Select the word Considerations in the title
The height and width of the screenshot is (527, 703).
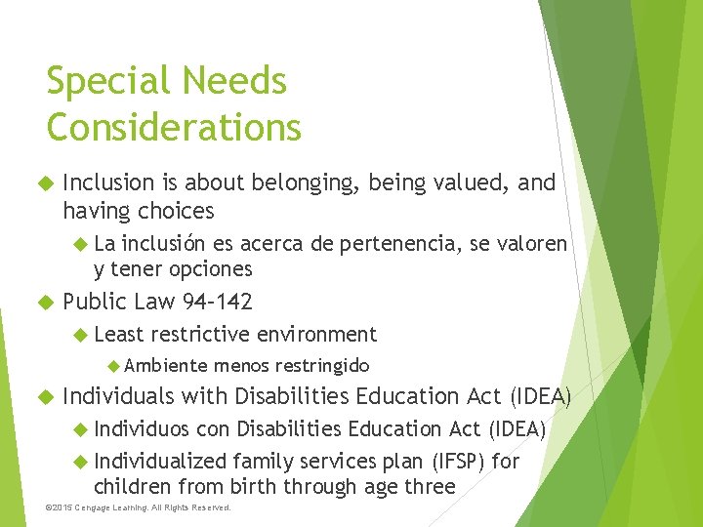[174, 127]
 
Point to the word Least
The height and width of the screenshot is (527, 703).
[119, 335]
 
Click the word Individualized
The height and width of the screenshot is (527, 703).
[160, 460]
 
